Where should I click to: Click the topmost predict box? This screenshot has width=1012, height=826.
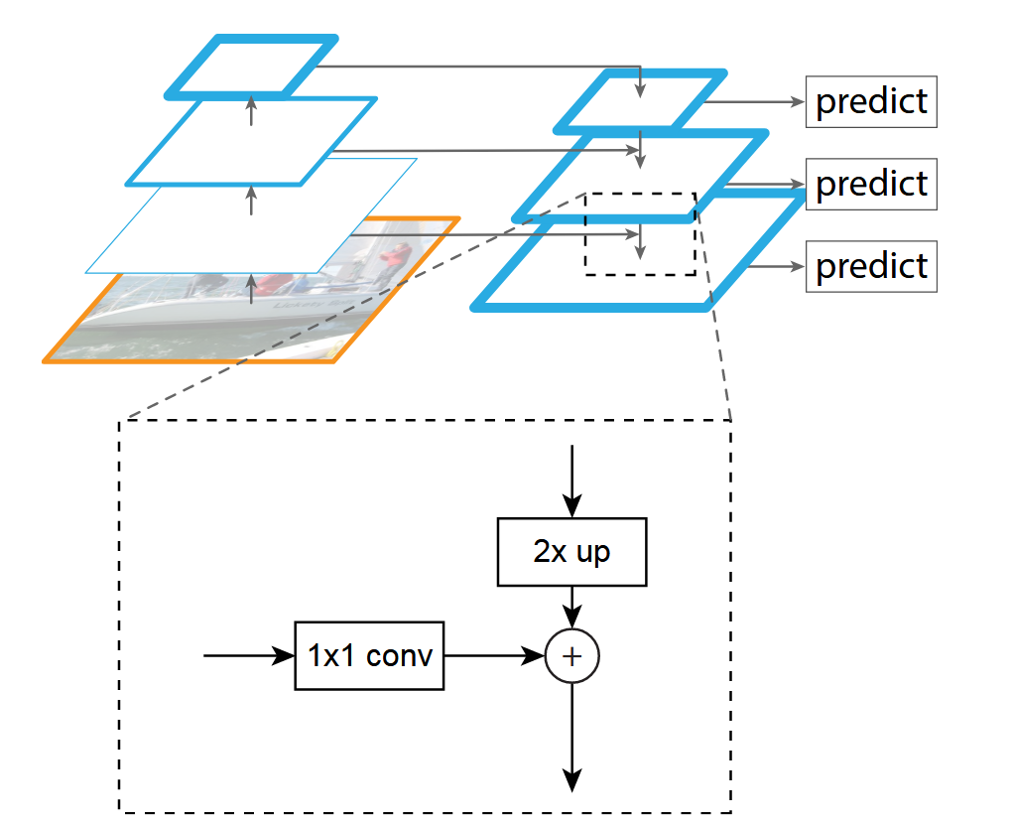[x=871, y=101]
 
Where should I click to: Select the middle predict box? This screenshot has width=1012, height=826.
[x=871, y=184]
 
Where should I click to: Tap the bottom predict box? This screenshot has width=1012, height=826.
[x=871, y=266]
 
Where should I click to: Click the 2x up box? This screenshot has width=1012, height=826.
[x=571, y=552]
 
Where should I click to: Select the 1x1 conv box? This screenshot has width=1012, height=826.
[x=369, y=655]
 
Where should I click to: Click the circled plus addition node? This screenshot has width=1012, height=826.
[x=572, y=656]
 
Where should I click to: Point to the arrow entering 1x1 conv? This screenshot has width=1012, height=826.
[x=248, y=655]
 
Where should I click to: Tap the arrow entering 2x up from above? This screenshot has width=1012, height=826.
[x=571, y=482]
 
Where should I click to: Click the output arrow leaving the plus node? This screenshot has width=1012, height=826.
[x=572, y=735]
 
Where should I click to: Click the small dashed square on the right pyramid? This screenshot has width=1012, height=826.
[x=640, y=234]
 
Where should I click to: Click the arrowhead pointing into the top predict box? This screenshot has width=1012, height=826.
[x=797, y=101]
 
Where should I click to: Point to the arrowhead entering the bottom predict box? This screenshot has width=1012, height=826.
[x=797, y=266]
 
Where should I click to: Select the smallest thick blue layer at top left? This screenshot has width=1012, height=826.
[x=252, y=68]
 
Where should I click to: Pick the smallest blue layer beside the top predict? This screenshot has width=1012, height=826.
[x=640, y=100]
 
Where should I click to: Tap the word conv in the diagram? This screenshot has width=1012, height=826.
[x=400, y=655]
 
